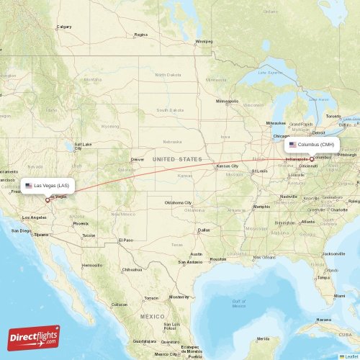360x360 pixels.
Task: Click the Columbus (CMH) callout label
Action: click(x=312, y=144)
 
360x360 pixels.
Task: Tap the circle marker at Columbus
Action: click(x=312, y=159)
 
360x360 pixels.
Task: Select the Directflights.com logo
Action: click(x=34, y=337)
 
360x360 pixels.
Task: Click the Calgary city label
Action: click(x=64, y=27)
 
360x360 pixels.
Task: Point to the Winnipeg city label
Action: click(x=204, y=41)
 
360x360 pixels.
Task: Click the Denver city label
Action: click(x=138, y=159)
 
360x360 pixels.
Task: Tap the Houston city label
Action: click(x=218, y=259)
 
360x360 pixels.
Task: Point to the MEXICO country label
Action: click(x=152, y=316)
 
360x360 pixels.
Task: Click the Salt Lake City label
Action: click(x=82, y=144)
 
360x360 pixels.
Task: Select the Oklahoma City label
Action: click(x=178, y=202)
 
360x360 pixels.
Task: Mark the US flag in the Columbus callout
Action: click(x=293, y=144)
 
